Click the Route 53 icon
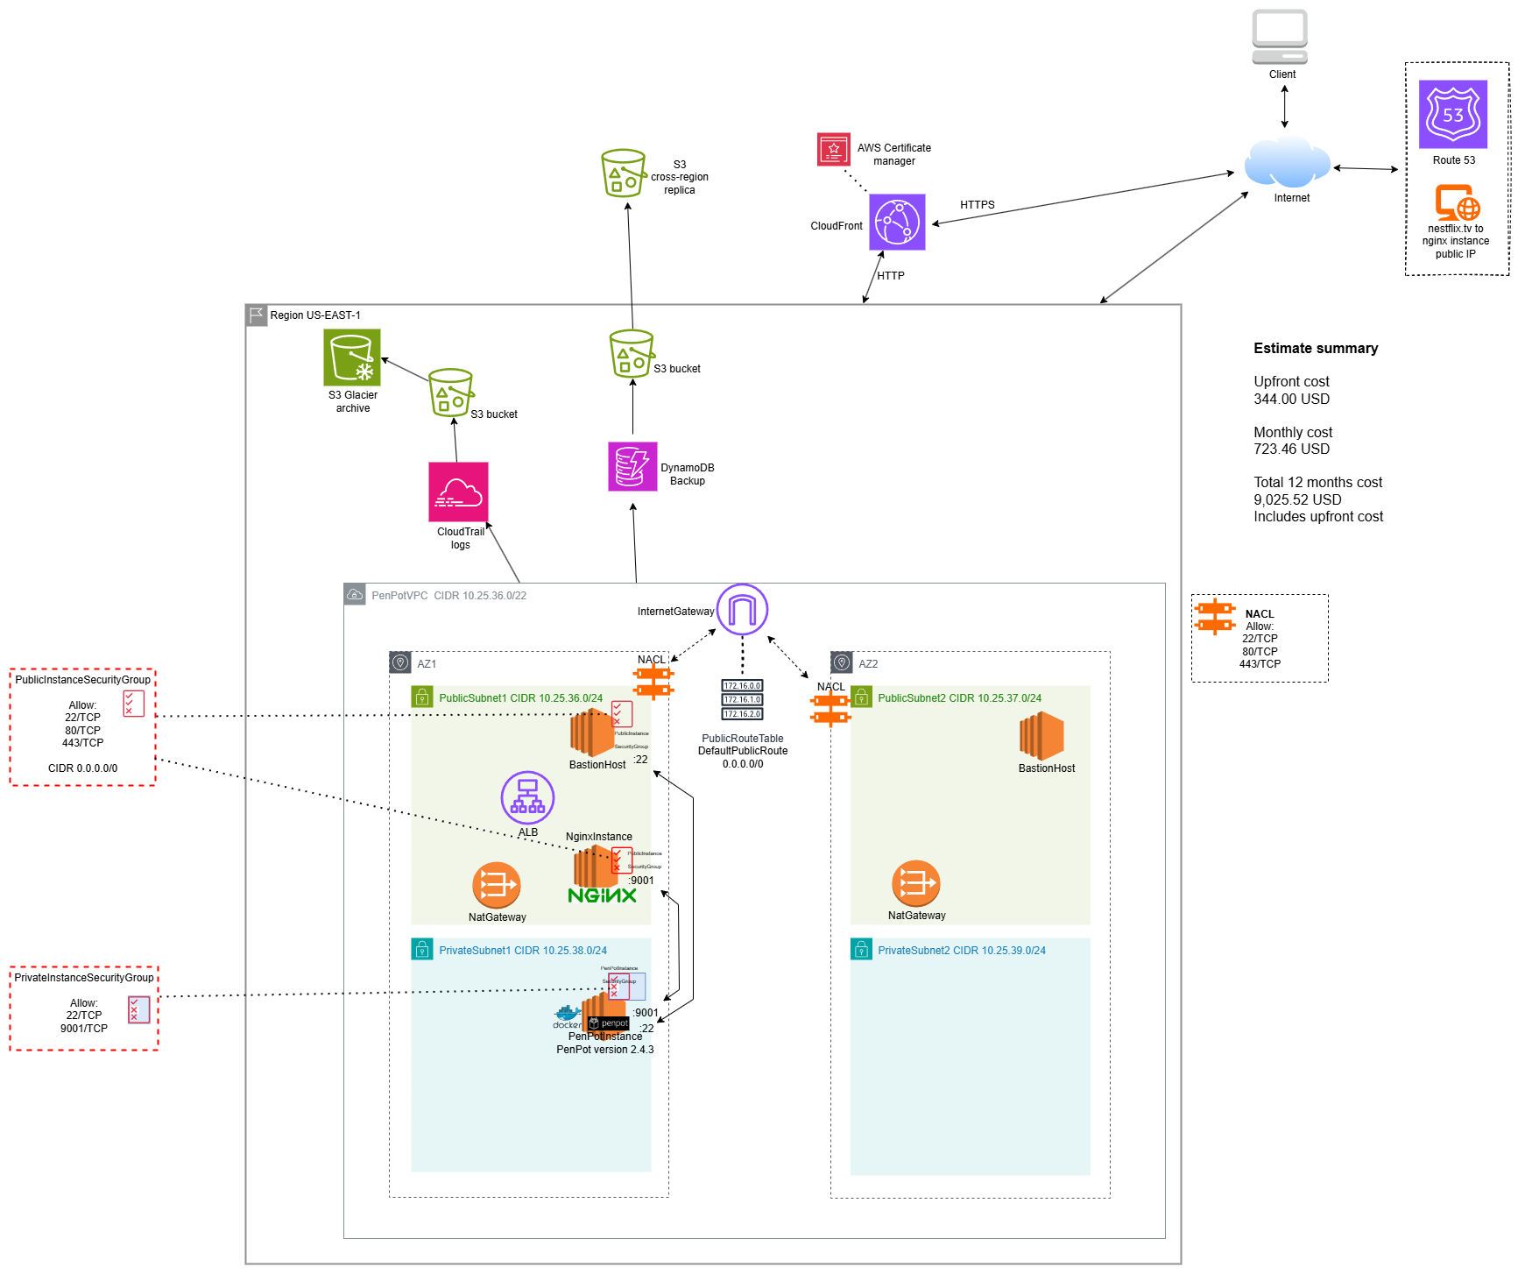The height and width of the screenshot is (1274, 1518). click(x=1452, y=114)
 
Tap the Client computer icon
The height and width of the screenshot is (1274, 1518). click(x=1279, y=37)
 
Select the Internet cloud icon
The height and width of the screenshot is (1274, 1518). click(x=1287, y=162)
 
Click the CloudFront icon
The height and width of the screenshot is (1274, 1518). click(x=896, y=222)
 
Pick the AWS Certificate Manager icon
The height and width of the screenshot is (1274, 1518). click(x=833, y=149)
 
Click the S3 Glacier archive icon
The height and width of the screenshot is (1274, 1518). click(x=351, y=357)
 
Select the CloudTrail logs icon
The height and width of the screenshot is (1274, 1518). click(x=457, y=492)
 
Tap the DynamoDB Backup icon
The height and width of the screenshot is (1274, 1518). click(x=632, y=466)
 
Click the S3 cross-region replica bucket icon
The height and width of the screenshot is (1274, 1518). click(x=623, y=173)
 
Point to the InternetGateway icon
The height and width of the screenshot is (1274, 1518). click(x=742, y=609)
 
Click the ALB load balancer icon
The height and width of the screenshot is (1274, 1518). click(x=527, y=797)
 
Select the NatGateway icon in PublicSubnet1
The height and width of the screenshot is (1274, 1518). click(x=496, y=885)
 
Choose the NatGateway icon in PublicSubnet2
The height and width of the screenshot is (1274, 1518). click(x=915, y=883)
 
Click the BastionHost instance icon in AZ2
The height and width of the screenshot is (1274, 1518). click(x=1041, y=734)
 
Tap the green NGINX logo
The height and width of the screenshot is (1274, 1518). click(x=602, y=895)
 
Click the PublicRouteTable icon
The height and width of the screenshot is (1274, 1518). click(x=742, y=699)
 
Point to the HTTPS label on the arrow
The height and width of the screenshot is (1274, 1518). click(x=977, y=205)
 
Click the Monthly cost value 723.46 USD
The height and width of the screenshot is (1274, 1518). click(x=1291, y=449)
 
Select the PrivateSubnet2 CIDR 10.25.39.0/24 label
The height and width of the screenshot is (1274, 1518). click(x=961, y=951)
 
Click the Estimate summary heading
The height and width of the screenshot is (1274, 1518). click(x=1315, y=349)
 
